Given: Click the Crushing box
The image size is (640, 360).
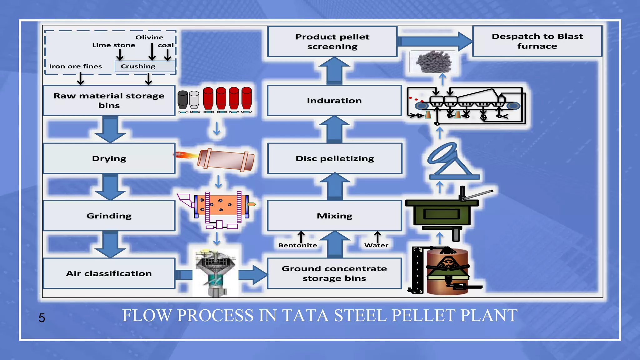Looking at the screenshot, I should (x=145, y=66).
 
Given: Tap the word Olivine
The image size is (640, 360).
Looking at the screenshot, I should (x=149, y=37).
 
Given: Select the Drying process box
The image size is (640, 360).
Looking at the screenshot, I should (x=109, y=158).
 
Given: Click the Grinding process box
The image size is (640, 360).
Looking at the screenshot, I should (x=109, y=216).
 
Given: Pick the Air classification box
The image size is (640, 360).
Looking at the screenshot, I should (x=109, y=273).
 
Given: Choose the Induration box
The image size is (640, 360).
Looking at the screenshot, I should (x=334, y=101).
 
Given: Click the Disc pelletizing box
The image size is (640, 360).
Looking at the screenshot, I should (x=335, y=158).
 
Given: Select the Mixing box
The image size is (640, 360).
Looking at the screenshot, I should (x=334, y=216).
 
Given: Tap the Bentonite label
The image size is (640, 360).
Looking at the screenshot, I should (x=297, y=245).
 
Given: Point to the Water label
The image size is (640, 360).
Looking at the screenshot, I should (x=376, y=245).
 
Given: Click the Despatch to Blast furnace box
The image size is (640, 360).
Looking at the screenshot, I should (x=537, y=41).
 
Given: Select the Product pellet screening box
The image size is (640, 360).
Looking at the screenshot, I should (x=332, y=42).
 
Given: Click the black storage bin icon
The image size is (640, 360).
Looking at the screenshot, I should (x=182, y=100).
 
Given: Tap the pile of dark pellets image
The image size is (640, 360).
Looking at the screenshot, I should (x=434, y=62).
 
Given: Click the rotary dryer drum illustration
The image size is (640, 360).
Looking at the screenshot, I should (x=226, y=160).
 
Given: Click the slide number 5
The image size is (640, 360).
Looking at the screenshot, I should (x=42, y=318).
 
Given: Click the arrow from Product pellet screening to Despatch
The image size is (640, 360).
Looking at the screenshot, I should (x=434, y=41).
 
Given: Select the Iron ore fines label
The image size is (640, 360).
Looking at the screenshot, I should (x=76, y=66).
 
